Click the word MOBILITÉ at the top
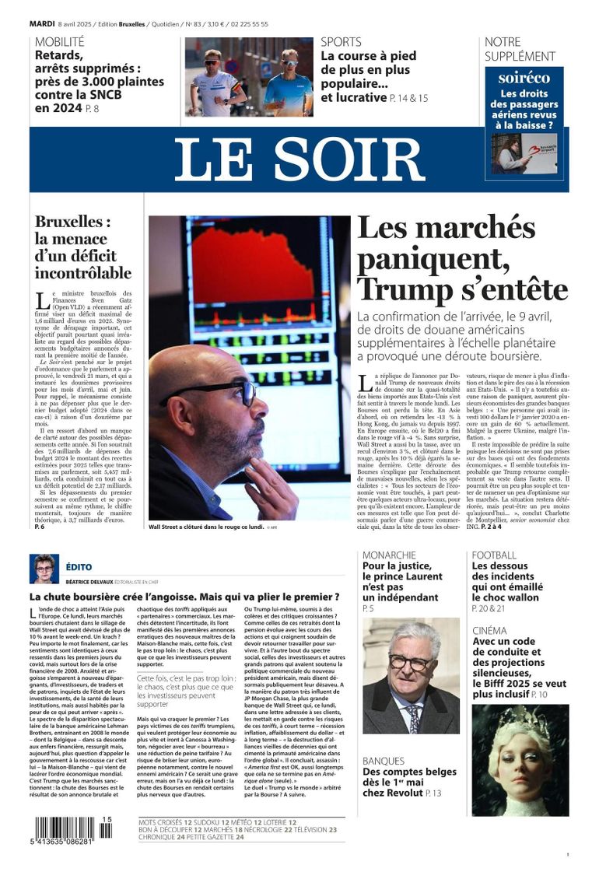pos(60,42)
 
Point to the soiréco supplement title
pos(524,78)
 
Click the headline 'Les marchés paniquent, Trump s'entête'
pos(462,258)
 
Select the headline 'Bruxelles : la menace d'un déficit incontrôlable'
pos(83,247)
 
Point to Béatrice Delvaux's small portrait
pos(44,569)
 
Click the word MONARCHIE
pos(389,555)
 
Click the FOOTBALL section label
pos(494,555)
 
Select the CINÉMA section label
pos(489,630)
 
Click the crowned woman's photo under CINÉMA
pos(520,758)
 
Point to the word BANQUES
pos(384,760)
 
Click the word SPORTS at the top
pos(341,42)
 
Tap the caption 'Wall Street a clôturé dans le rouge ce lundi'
pos(205,527)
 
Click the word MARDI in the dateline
pos(42,24)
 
